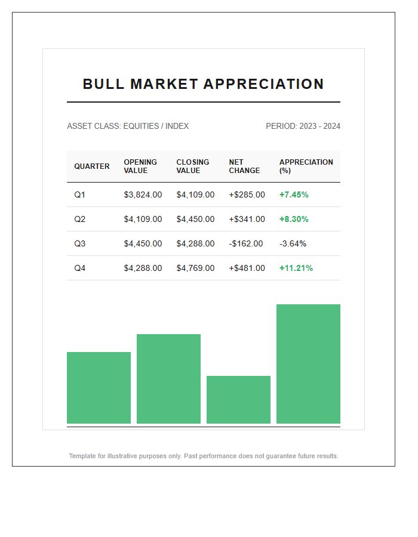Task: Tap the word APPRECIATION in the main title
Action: [x=264, y=84]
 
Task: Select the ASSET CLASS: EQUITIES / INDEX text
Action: [x=128, y=126]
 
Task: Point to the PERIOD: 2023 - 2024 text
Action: [x=303, y=126]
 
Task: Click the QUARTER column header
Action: [x=92, y=166]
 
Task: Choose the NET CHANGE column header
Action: [x=244, y=166]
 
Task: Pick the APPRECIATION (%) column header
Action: [x=306, y=166]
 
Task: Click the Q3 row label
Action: [x=80, y=243]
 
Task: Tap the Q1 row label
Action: [x=80, y=195]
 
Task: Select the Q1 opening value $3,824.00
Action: [x=143, y=195]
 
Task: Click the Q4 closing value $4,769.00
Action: [x=195, y=268]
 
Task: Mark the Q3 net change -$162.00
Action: [x=246, y=243]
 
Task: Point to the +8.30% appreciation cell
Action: [x=294, y=219]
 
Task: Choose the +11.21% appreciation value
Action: [x=296, y=268]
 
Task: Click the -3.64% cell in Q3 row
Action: [x=293, y=243]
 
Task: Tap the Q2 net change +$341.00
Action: [x=247, y=219]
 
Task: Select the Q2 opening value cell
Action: [x=143, y=219]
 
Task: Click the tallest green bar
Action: [x=308, y=364]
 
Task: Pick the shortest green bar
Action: [x=238, y=400]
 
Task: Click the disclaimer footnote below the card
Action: [x=204, y=456]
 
